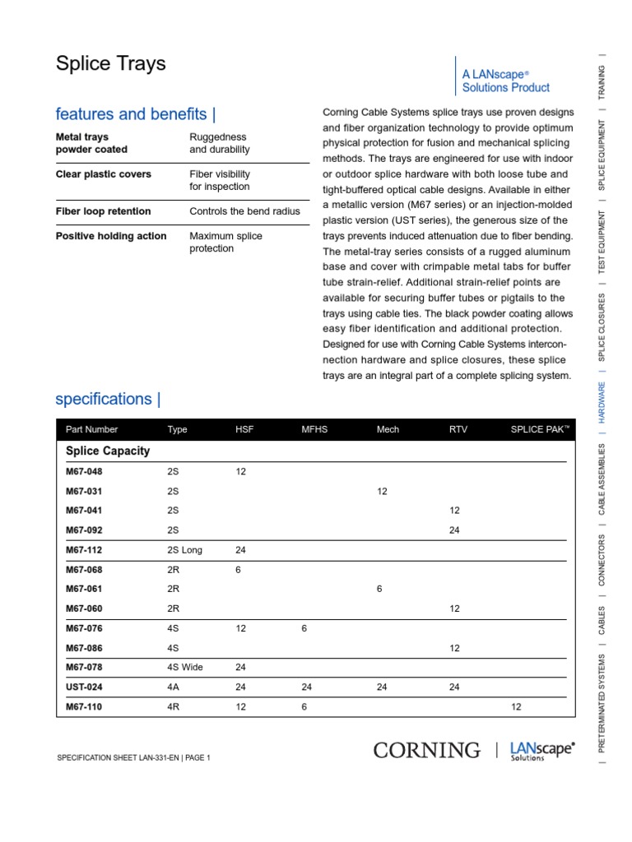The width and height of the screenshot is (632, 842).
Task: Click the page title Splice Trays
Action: point(110,63)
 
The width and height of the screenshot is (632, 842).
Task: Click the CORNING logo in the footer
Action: point(426,750)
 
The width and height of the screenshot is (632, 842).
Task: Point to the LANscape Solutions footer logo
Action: point(542,750)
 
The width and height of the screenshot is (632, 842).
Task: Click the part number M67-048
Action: point(85,472)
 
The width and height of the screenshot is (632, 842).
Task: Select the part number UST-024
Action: point(84,687)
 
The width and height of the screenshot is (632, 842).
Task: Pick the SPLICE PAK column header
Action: point(539,429)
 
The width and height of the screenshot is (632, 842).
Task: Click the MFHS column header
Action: point(314,429)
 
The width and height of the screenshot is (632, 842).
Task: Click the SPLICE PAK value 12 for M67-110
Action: point(516,706)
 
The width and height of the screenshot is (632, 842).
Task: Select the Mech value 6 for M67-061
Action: point(379,589)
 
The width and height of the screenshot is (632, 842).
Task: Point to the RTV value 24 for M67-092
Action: point(454,530)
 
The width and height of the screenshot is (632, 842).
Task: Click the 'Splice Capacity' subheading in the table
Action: point(108,451)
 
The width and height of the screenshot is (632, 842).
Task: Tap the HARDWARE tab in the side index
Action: point(602,401)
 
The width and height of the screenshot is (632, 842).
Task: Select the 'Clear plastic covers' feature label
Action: point(104,174)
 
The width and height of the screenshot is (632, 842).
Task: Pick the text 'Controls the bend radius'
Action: point(244,211)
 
